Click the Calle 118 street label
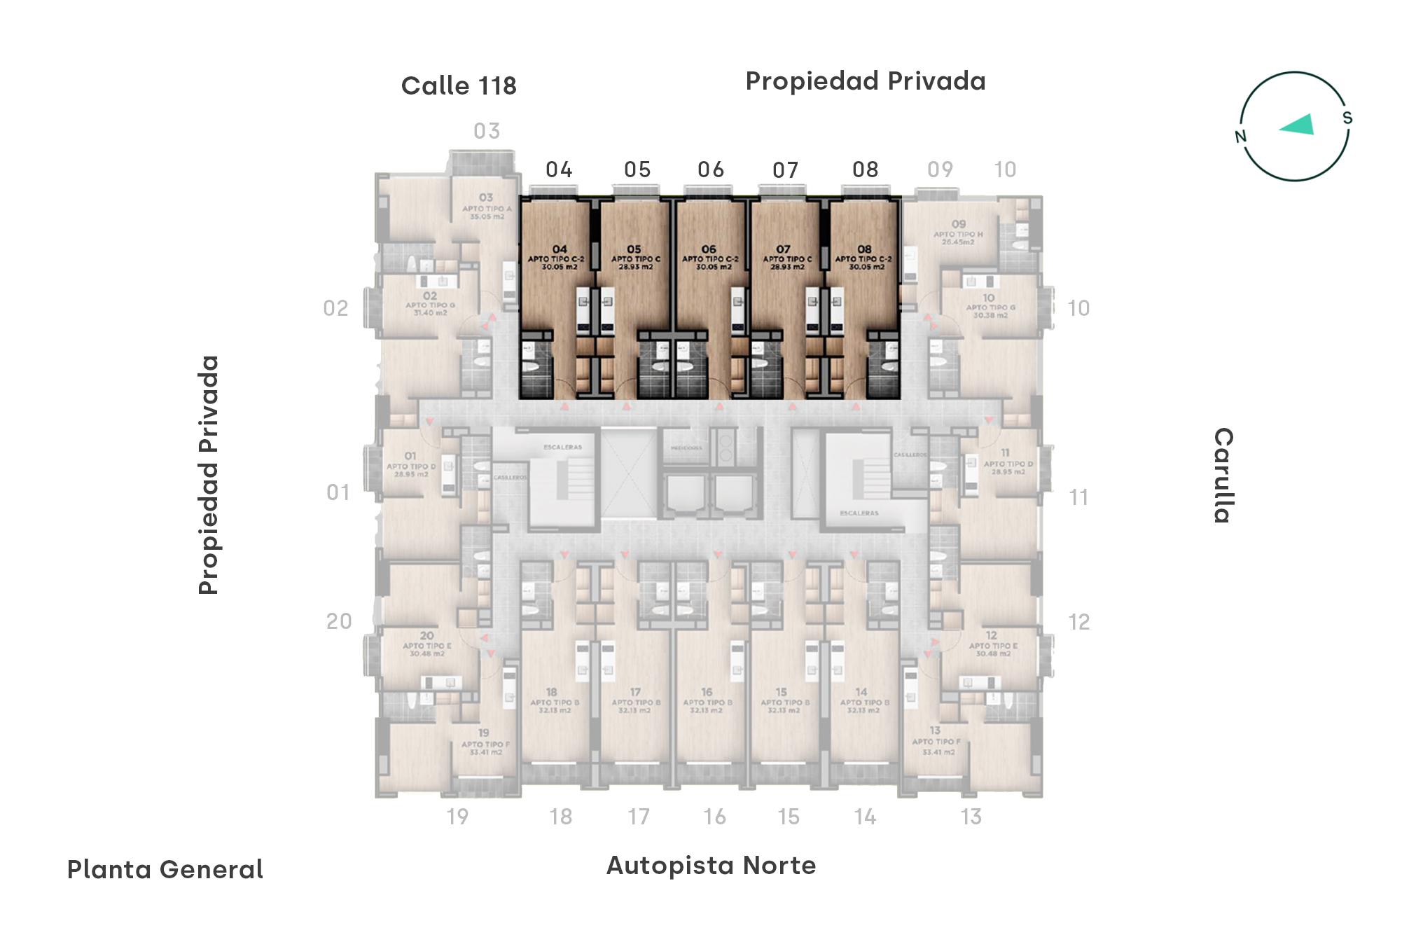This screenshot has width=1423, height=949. pos(459,86)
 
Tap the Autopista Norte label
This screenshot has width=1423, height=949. pos(711,866)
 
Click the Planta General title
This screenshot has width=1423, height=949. pos(165,870)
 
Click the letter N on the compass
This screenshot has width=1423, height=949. pos(1241,136)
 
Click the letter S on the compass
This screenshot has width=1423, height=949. pos(1347,118)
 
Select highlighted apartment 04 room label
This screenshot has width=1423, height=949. pos(559,258)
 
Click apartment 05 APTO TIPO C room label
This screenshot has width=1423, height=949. pos(634,258)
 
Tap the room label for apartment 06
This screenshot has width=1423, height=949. pos(709,258)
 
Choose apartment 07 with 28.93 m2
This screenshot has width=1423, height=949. pos(784,258)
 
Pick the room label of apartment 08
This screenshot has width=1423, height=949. pos(864,258)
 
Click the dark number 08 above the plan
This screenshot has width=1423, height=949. pos(865,169)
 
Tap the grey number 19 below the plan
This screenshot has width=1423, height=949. pos(457,817)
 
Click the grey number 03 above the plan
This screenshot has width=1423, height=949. pos(487,131)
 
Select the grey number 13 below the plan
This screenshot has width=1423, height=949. pos(971,817)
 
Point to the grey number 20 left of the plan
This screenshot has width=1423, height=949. pos(339,621)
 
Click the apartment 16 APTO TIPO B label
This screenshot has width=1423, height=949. pos(707,700)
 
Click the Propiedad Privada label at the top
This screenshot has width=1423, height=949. pos(865,81)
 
